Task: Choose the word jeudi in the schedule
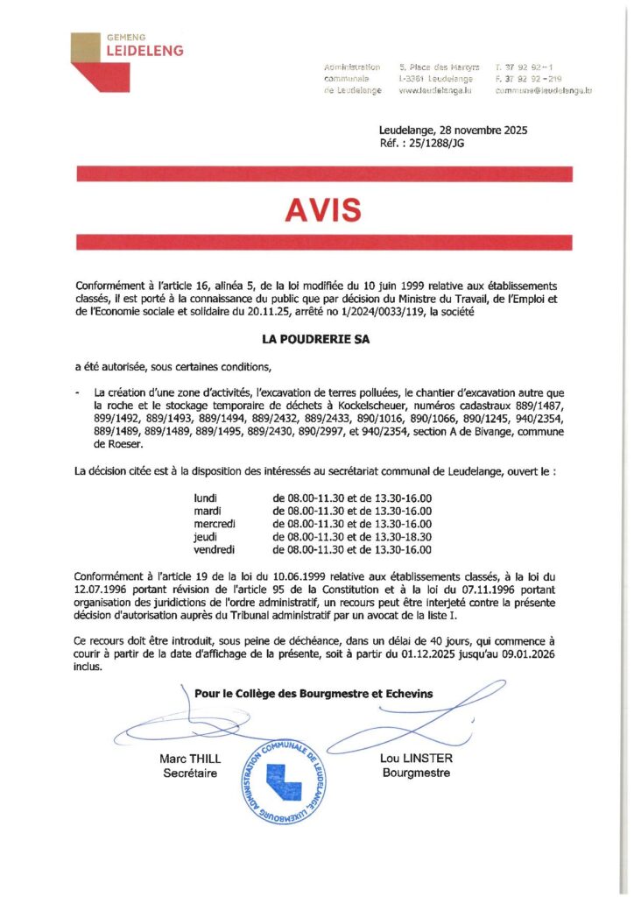206,536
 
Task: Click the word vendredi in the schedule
215,549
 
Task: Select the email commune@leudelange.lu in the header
544,90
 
